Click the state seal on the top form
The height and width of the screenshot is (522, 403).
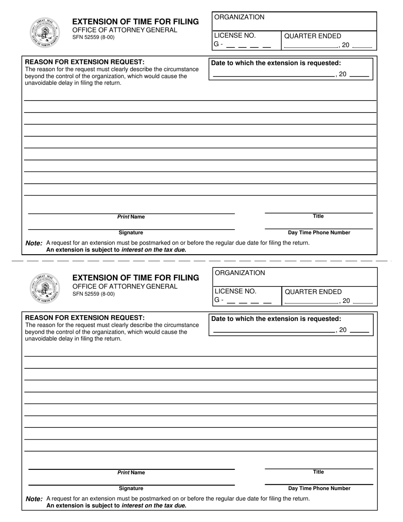(x=45, y=32)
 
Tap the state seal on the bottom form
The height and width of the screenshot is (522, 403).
(x=45, y=288)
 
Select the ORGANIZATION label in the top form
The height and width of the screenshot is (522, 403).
(x=239, y=17)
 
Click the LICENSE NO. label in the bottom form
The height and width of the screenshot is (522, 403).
(x=235, y=291)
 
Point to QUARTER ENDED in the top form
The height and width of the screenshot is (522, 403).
(x=312, y=36)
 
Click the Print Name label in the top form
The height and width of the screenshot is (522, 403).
(x=131, y=217)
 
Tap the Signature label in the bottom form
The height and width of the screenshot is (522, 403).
(x=131, y=488)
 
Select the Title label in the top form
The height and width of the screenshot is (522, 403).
(x=318, y=216)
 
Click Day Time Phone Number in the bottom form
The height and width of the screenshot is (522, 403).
(x=319, y=488)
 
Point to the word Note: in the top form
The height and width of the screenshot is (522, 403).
(x=34, y=243)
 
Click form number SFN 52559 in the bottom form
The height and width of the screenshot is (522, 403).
(x=93, y=294)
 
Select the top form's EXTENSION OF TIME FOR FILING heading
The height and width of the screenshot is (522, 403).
(x=135, y=22)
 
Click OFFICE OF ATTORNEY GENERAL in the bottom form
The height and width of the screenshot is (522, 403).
(x=125, y=286)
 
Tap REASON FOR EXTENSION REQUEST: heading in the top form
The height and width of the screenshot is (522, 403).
(x=85, y=62)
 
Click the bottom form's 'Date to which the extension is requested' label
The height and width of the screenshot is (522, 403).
(x=276, y=319)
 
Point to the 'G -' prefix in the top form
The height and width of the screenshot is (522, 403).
(x=218, y=44)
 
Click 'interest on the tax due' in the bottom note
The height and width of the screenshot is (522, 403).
(x=153, y=505)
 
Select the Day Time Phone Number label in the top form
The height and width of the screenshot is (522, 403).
(x=319, y=233)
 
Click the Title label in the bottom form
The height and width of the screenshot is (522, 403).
(x=318, y=472)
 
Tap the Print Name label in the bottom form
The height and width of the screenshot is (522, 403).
(x=131, y=473)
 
